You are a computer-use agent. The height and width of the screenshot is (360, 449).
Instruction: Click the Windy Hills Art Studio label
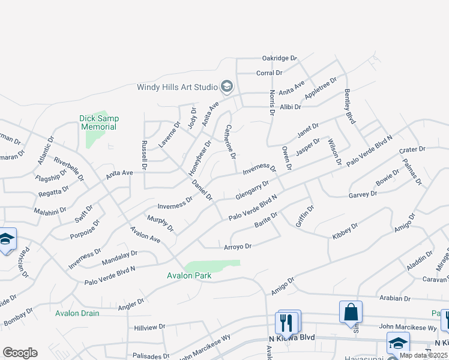[x=177, y=87]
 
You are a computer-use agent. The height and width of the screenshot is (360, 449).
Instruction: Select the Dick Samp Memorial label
[x=99, y=122]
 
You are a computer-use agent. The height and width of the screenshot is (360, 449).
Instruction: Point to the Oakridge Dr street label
[x=280, y=58]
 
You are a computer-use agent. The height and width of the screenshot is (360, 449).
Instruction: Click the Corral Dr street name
[x=269, y=73]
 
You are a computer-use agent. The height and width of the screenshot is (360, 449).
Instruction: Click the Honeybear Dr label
[x=200, y=158]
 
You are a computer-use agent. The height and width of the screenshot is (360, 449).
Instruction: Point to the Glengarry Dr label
[x=252, y=190]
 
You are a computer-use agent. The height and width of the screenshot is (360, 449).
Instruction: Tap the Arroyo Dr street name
[x=237, y=246]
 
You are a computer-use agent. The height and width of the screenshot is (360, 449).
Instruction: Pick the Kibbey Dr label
[x=345, y=231]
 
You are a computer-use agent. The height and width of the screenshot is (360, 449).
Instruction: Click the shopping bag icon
[x=351, y=313]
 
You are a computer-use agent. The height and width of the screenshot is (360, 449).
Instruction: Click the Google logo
[x=20, y=353]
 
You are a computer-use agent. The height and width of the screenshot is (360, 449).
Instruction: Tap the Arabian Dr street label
[x=394, y=298]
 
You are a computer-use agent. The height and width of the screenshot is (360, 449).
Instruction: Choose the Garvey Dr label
[x=363, y=194]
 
